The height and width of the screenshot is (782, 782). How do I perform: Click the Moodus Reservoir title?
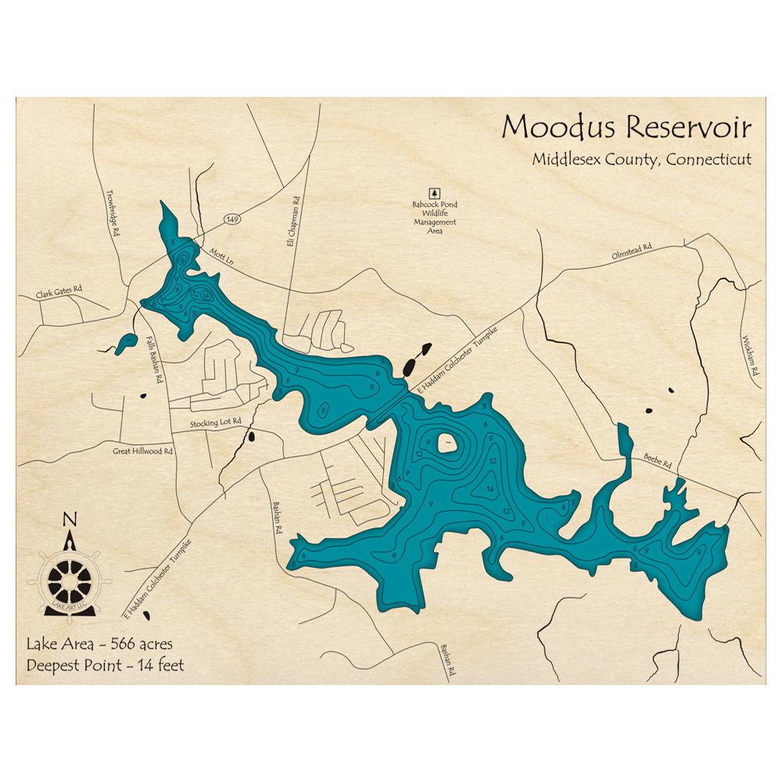pyautogui.click(x=626, y=127)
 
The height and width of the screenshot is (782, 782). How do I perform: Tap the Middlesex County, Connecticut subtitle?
pyautogui.click(x=641, y=159)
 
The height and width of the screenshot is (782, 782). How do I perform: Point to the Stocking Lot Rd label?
pyautogui.click(x=216, y=423)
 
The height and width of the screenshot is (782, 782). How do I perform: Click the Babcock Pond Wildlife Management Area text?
pyautogui.click(x=435, y=217)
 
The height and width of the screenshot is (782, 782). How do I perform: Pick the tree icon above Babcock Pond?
pyautogui.click(x=434, y=192)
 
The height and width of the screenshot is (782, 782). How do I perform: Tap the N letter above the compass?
pyautogui.click(x=70, y=519)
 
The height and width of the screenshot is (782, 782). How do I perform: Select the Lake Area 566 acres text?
pyautogui.click(x=99, y=645)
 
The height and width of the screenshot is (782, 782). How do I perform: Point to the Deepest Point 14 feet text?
pyautogui.click(x=105, y=666)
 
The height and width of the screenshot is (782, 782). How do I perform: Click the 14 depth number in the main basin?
pyautogui.click(x=490, y=490)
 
